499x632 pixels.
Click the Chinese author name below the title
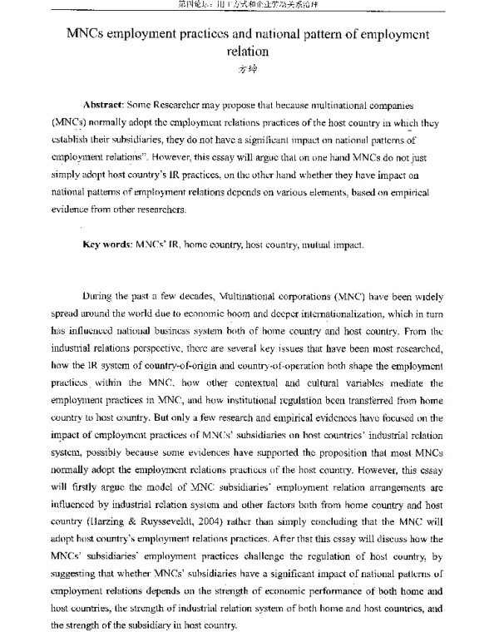pyautogui.click(x=249, y=69)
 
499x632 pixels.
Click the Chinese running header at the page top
pyautogui.click(x=249, y=5)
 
